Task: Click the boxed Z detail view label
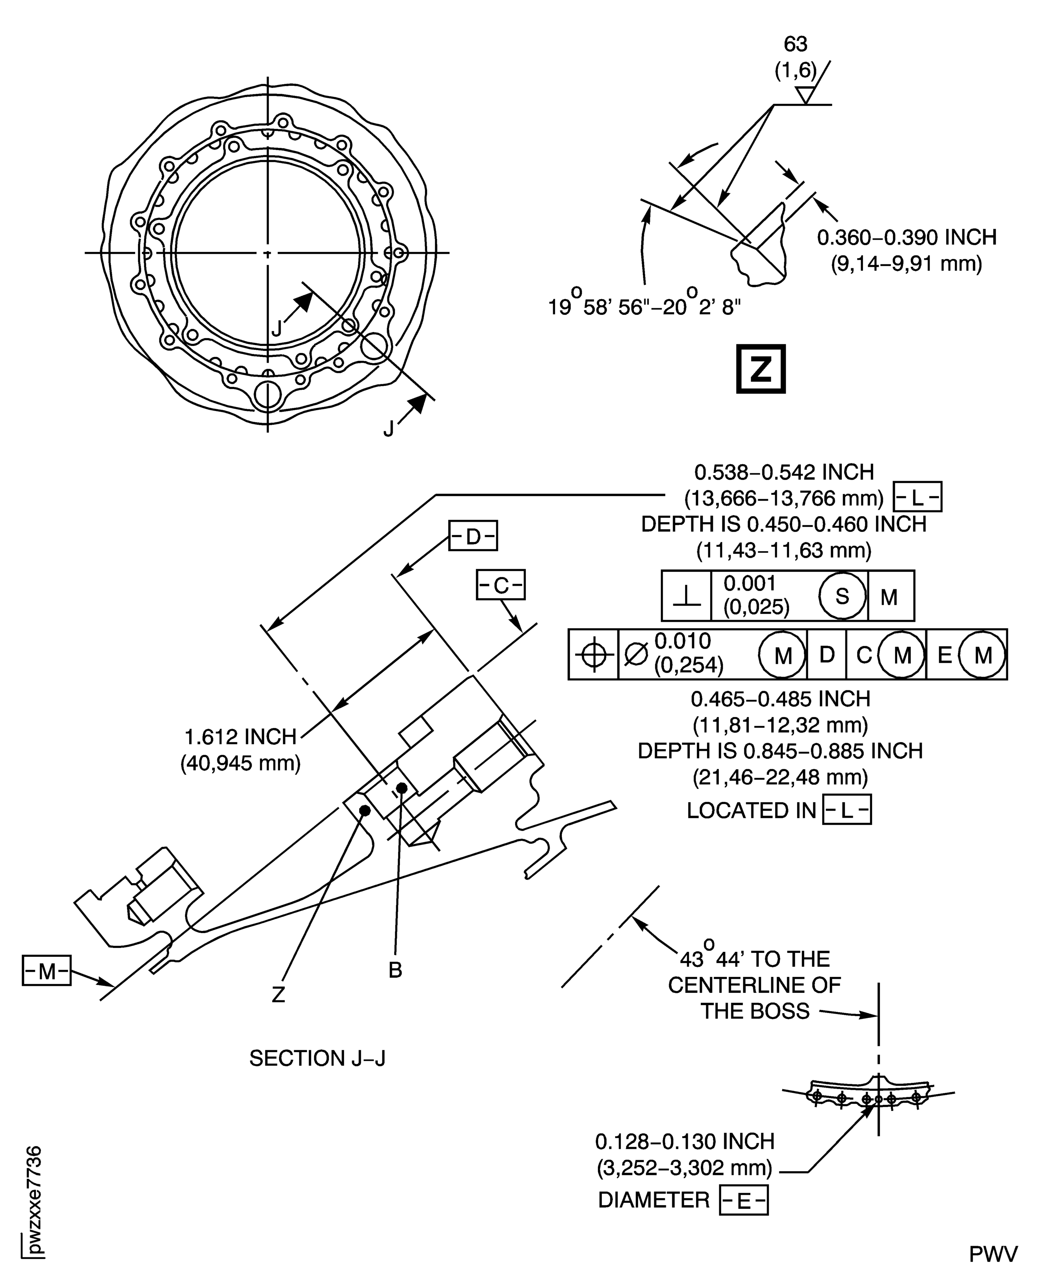760,369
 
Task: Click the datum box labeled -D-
472,536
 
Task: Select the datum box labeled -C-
500,585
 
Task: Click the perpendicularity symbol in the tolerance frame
686,595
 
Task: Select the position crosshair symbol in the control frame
593,654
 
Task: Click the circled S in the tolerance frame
842,595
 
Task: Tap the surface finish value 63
795,44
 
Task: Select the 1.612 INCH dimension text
241,736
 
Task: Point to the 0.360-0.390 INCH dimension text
906,238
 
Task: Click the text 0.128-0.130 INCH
684,1141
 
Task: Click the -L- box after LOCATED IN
847,810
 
